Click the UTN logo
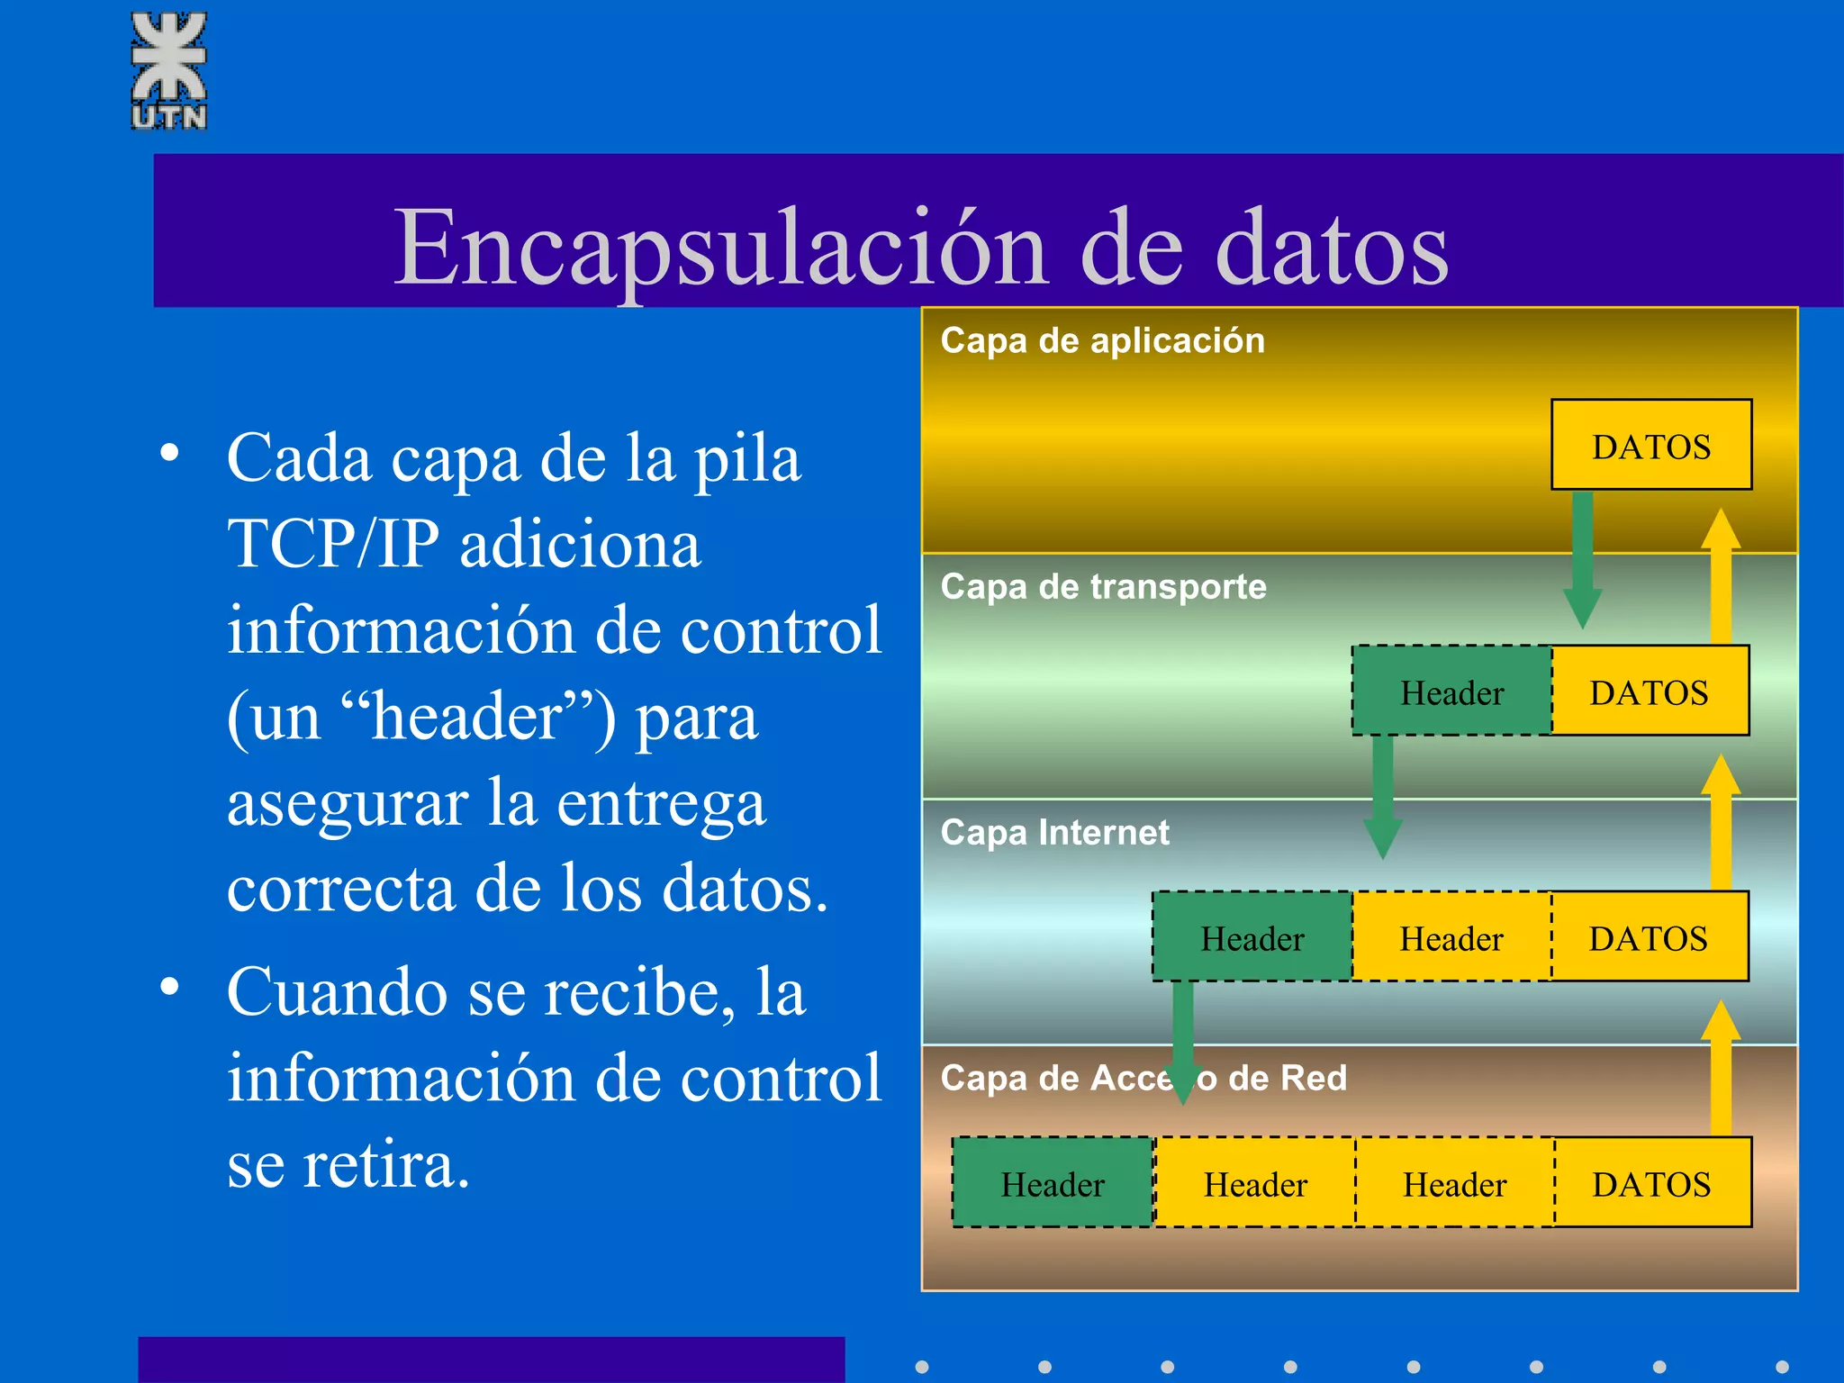pyautogui.click(x=169, y=70)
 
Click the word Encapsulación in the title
pyautogui.click(x=720, y=247)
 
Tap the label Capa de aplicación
pyautogui.click(x=1102, y=341)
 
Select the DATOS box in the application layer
pyautogui.click(x=1650, y=446)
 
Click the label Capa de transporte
pyautogui.click(x=1103, y=587)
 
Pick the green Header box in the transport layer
pyautogui.click(x=1451, y=691)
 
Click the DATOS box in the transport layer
pyautogui.click(x=1650, y=691)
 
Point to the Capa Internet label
pyautogui.click(x=1054, y=833)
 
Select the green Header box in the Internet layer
pyautogui.click(x=1252, y=937)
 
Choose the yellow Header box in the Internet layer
pyautogui.click(x=1451, y=937)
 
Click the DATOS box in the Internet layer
pyautogui.click(x=1649, y=937)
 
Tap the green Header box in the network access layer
pyautogui.click(x=1053, y=1183)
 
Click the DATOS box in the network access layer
pyautogui.click(x=1651, y=1183)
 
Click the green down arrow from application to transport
pyautogui.click(x=1582, y=558)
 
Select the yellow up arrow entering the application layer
pyautogui.click(x=1720, y=576)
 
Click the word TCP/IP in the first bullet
pyautogui.click(x=333, y=544)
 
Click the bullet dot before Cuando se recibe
pyautogui.click(x=169, y=988)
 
